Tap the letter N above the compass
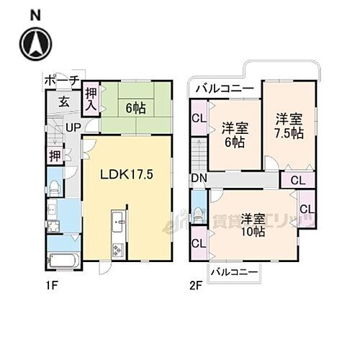[x=35, y=13]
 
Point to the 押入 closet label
[x=91, y=97]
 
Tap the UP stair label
[x=73, y=127]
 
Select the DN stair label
[x=199, y=179]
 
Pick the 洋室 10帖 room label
[x=253, y=225]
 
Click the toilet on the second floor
[x=199, y=214]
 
